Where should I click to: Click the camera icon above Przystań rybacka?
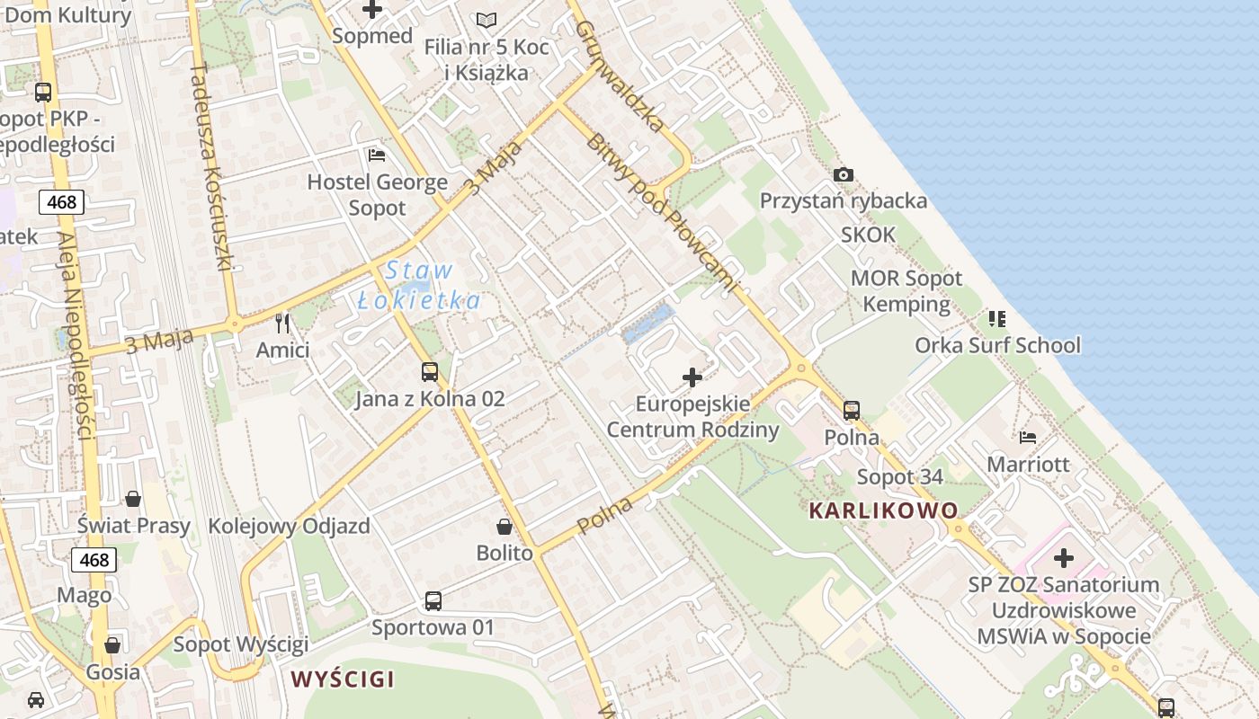tap(843, 174)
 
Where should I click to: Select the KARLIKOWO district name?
tap(883, 510)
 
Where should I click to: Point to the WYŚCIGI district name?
tap(342, 679)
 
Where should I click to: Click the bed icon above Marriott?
tap(1028, 438)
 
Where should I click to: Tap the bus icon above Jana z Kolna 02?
tap(430, 371)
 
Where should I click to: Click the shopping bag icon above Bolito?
tap(504, 526)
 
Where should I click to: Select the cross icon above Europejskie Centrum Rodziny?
tap(692, 377)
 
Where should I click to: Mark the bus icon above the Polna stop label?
tap(852, 411)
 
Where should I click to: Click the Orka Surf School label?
tap(997, 345)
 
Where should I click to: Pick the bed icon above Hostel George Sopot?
tap(377, 155)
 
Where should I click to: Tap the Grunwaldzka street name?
tap(620, 76)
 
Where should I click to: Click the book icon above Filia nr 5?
tap(487, 20)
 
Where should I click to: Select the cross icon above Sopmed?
tap(371, 10)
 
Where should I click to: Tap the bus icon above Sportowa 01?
tap(433, 600)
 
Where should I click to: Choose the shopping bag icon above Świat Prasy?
tap(133, 499)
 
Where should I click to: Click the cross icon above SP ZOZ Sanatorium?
tap(1064, 558)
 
